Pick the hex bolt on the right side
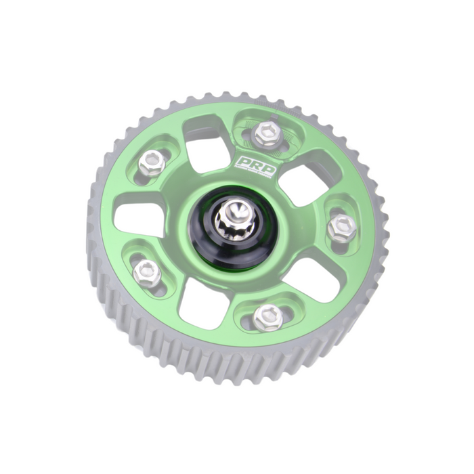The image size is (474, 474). click(x=341, y=227)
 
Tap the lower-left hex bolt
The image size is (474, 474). click(x=148, y=274)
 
